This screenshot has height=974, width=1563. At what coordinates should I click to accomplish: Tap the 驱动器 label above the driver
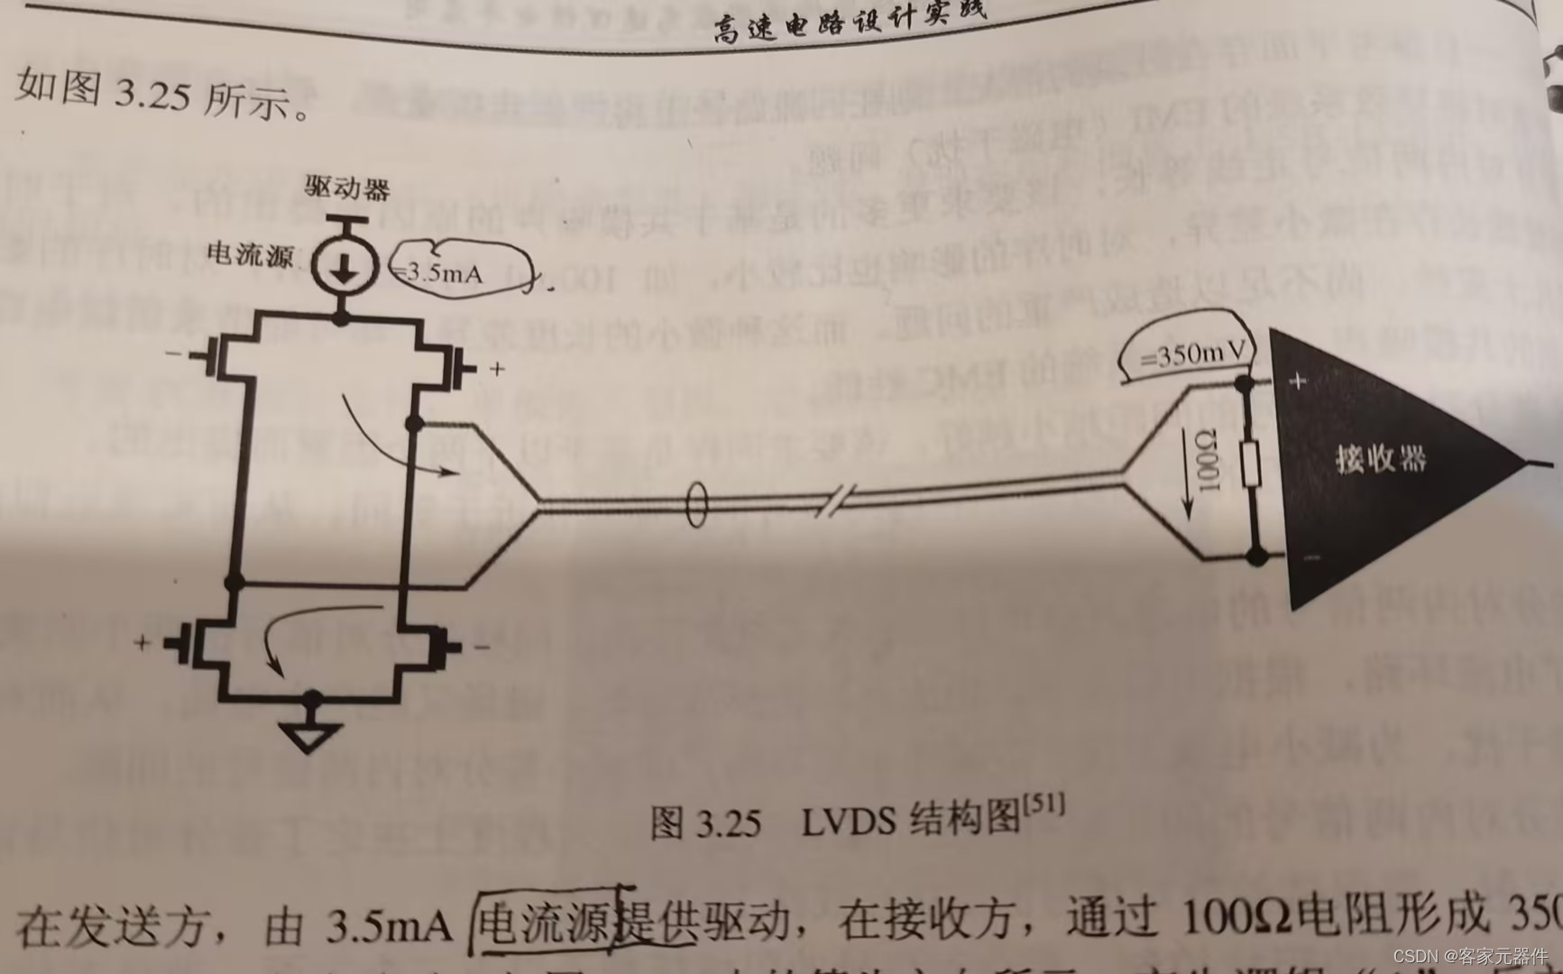[x=347, y=188]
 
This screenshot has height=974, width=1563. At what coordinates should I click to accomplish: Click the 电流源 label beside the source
[x=250, y=255]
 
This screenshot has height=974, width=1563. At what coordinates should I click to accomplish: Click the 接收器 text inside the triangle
[x=1380, y=459]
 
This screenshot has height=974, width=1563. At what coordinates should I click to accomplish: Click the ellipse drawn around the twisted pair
[x=696, y=506]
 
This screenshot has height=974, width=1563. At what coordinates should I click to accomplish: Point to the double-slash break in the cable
[x=836, y=500]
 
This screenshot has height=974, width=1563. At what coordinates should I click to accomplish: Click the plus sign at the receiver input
[x=1298, y=381]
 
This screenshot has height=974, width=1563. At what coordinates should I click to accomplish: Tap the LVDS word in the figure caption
[x=848, y=822]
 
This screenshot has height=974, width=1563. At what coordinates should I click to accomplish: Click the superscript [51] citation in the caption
[x=1044, y=804]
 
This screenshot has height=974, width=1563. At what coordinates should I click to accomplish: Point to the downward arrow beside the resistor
[x=1188, y=487]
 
